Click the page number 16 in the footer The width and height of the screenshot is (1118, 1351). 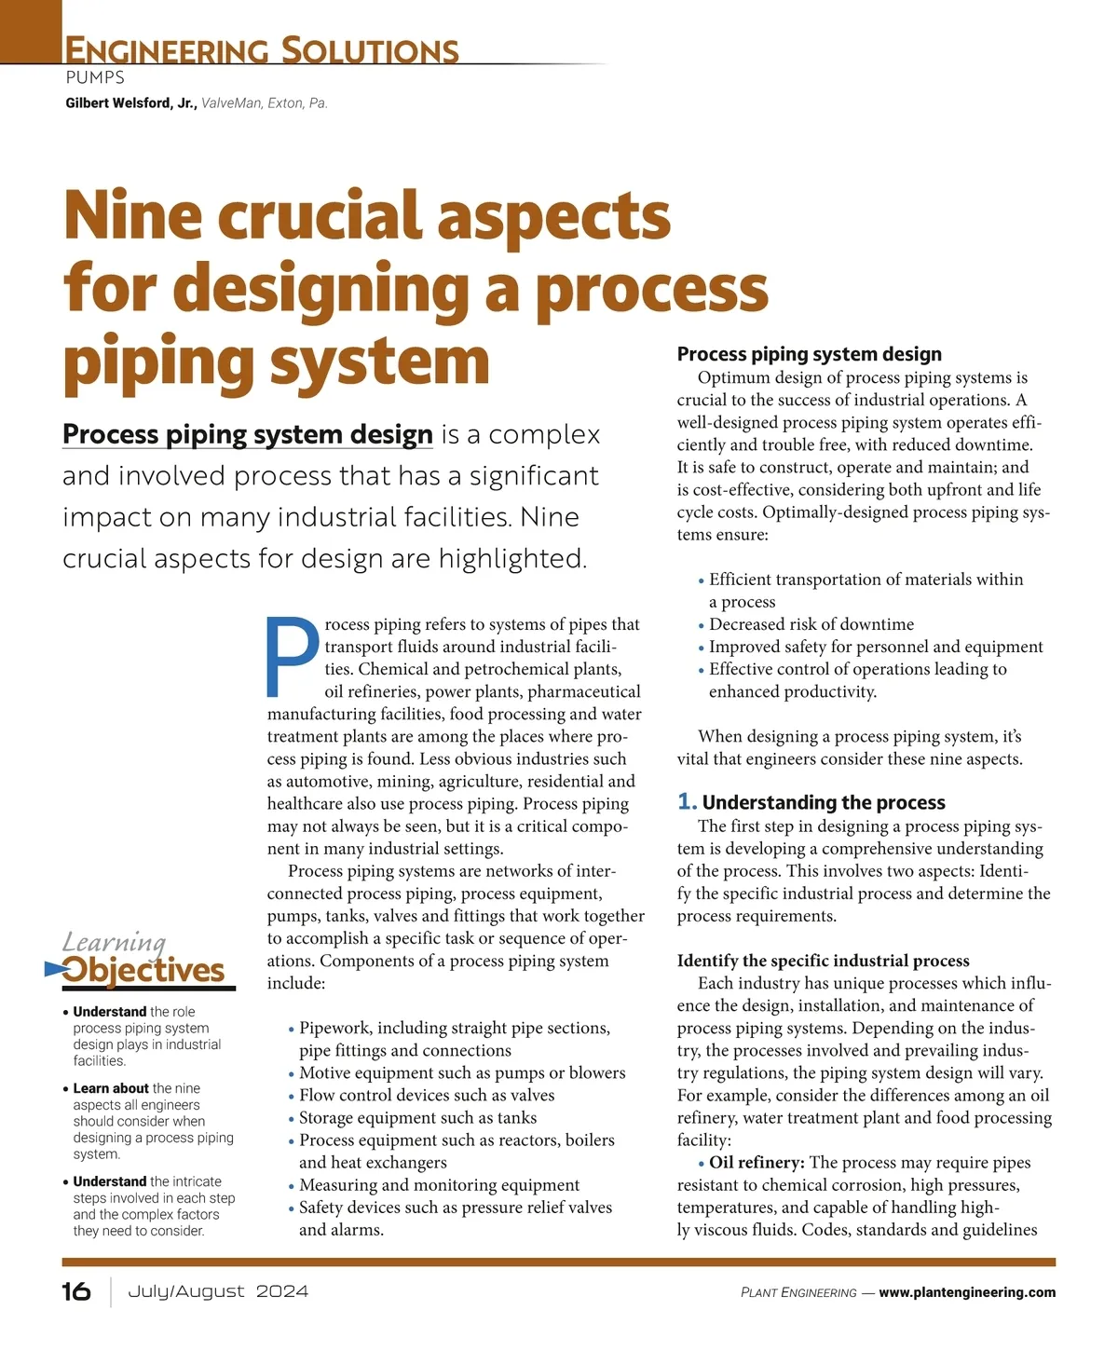(x=76, y=1291)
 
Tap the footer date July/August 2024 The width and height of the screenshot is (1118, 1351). (x=217, y=1291)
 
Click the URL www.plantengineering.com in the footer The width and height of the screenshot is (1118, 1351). (x=967, y=1292)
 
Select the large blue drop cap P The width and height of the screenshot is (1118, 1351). (x=293, y=656)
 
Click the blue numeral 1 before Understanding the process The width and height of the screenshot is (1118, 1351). (x=687, y=802)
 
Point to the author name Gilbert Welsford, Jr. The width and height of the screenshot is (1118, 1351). (x=130, y=103)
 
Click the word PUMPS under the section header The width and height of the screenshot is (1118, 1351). (x=95, y=78)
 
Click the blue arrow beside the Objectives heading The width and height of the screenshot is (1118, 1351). (x=54, y=970)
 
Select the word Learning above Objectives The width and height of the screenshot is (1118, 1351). (x=114, y=942)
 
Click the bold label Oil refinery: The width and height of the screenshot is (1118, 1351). (x=757, y=1163)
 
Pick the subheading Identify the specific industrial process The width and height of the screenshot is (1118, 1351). (x=823, y=961)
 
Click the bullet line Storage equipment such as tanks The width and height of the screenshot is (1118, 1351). (x=417, y=1118)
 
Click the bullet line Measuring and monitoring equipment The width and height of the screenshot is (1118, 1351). (x=439, y=1185)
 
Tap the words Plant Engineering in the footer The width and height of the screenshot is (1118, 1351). (x=798, y=1292)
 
